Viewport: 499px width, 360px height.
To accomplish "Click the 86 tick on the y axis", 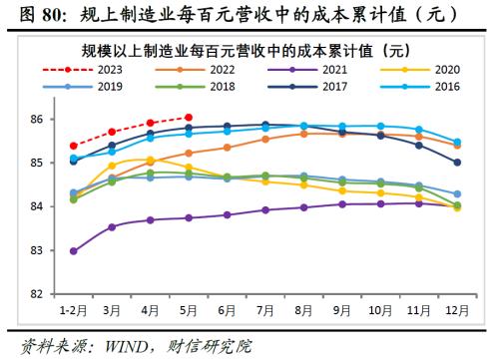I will click(x=38, y=120).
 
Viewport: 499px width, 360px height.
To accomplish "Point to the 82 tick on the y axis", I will click(x=38, y=294).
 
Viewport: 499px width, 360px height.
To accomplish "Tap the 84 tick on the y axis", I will click(x=38, y=206).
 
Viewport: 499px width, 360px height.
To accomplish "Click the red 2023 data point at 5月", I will click(x=189, y=117).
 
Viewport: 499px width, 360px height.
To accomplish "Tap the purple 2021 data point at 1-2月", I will click(x=74, y=251).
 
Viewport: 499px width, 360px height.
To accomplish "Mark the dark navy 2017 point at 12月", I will click(x=457, y=163).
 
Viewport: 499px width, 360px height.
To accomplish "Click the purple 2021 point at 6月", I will click(x=227, y=214).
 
